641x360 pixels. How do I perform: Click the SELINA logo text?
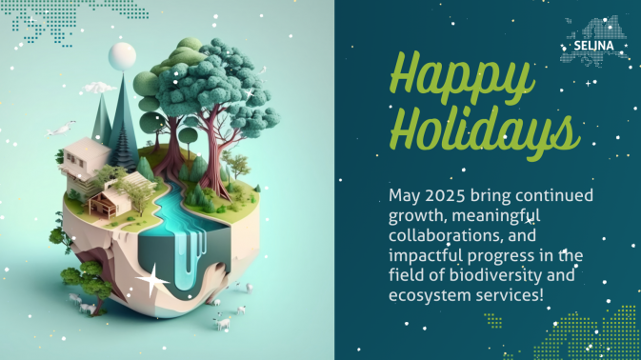pos(594,45)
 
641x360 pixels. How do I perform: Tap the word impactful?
pos(427,256)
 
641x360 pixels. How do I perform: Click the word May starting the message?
pos(403,195)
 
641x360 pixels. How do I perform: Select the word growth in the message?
pos(416,215)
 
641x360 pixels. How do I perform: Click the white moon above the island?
pos(122,56)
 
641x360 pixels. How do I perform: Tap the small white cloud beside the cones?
pos(99,88)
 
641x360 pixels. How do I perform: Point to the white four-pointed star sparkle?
pos(151,279)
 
